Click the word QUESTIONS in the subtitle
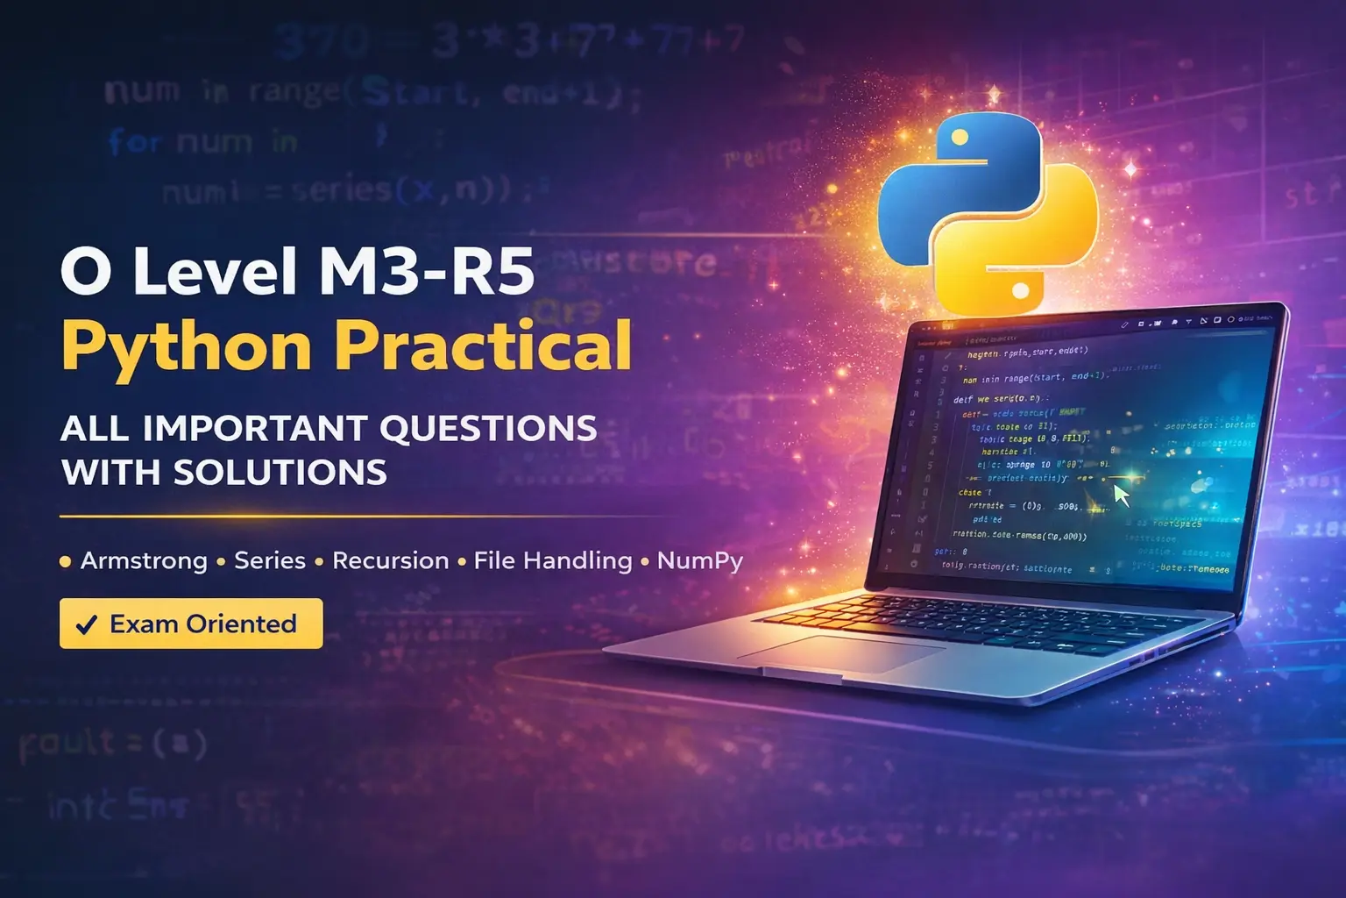click(x=488, y=429)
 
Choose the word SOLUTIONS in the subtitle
click(x=280, y=473)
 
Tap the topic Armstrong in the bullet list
click(x=144, y=560)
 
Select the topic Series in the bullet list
click(x=270, y=560)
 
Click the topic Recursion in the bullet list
click(x=390, y=560)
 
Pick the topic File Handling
click(x=553, y=560)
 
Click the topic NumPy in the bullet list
click(x=700, y=560)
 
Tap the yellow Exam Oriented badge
click(x=191, y=624)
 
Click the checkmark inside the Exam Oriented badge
click(x=86, y=624)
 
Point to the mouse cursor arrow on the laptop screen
click(x=1121, y=495)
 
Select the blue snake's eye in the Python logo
click(x=960, y=138)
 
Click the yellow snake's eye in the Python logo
click(x=1020, y=290)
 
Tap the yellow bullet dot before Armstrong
click(x=65, y=561)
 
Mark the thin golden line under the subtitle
click(x=351, y=517)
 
